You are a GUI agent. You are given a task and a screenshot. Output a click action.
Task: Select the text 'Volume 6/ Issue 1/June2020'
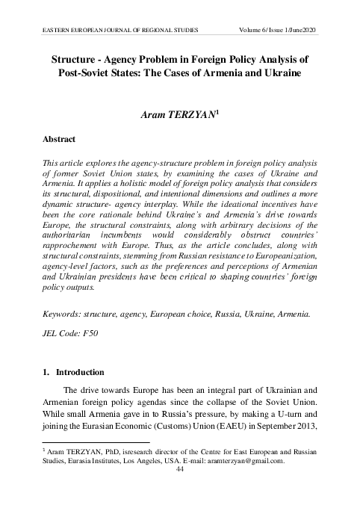[x=275, y=29]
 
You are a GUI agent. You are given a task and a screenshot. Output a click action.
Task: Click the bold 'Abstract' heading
[x=62, y=139]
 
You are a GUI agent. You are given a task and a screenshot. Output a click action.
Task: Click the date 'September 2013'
[x=287, y=433]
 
